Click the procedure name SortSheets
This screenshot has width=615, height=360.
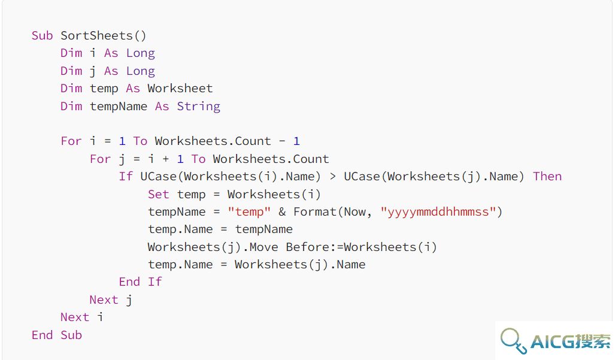tap(96, 36)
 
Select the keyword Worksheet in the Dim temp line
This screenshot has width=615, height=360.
tap(180, 88)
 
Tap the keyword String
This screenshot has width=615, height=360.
tap(198, 106)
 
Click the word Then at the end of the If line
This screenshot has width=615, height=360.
tap(547, 177)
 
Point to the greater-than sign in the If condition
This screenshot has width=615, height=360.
tap(332, 177)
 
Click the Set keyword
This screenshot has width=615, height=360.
tap(159, 195)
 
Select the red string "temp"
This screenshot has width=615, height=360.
tap(249, 212)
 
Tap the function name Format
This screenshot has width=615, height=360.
tap(315, 212)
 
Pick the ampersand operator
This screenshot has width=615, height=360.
tap(283, 212)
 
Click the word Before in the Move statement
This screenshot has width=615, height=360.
tap(307, 247)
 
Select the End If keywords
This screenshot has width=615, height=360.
tap(140, 282)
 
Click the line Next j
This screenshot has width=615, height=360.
tap(111, 300)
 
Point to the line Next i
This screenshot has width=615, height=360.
tap(82, 317)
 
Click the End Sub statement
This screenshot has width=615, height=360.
tap(57, 335)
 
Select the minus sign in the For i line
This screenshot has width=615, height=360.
tap(282, 141)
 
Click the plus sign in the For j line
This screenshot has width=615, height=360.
tap(165, 159)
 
